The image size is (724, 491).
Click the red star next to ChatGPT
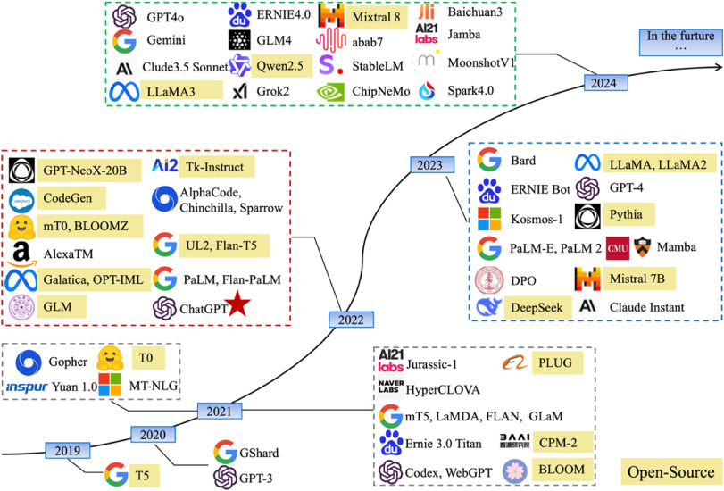238,307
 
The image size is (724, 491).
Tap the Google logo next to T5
115,472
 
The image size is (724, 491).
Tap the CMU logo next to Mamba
618,246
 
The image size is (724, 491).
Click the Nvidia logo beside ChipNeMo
332,91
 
